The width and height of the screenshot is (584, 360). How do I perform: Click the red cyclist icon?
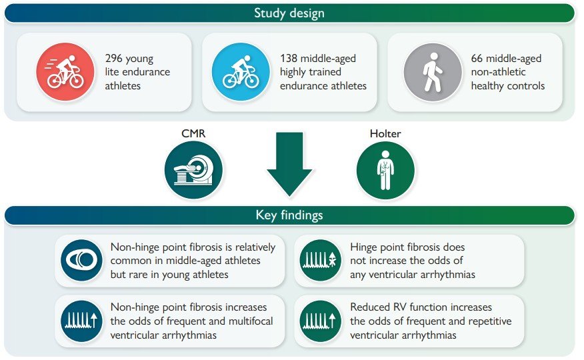(x=65, y=72)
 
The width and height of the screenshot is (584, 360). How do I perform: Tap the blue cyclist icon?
(x=241, y=72)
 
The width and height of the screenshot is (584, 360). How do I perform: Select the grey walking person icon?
(x=433, y=72)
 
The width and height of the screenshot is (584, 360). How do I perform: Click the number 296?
(x=113, y=59)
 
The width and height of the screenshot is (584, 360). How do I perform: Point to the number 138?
(x=289, y=59)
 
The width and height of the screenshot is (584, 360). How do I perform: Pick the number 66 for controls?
(x=477, y=59)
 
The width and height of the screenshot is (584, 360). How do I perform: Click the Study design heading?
(x=289, y=13)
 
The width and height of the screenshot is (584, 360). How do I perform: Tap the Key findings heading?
(x=289, y=215)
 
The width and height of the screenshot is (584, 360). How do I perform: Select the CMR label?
(x=193, y=133)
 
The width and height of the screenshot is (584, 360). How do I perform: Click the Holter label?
(x=385, y=133)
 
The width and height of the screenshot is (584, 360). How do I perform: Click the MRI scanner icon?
(x=194, y=170)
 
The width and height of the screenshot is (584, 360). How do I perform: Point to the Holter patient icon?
(x=385, y=170)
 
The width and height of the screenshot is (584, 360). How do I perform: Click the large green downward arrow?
(x=289, y=164)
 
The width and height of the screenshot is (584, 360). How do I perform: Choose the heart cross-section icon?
(x=81, y=260)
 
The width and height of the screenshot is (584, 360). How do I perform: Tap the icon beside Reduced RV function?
(x=320, y=321)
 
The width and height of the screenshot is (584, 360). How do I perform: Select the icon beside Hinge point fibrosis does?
(x=320, y=260)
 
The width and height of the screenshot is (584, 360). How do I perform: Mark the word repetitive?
(x=490, y=321)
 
